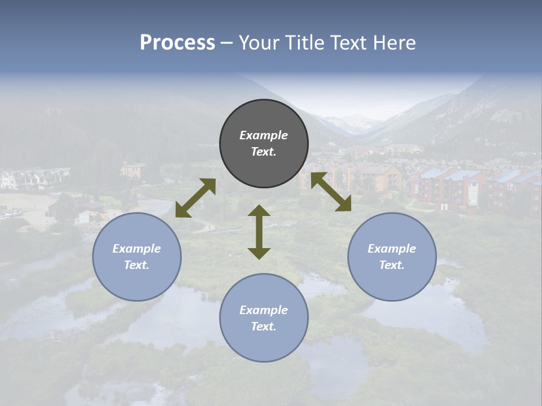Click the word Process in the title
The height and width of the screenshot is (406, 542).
tap(177, 43)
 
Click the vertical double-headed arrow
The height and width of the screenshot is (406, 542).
tap(259, 232)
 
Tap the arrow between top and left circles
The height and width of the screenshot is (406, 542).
tap(195, 198)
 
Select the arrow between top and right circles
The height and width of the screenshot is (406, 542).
tap(331, 192)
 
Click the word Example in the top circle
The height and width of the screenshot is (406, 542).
tap(264, 135)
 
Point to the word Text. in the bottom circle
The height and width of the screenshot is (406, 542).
tap(264, 326)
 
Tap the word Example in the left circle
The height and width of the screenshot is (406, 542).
tap(137, 249)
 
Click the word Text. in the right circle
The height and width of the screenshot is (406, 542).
tap(392, 265)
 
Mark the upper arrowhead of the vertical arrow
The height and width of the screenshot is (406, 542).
tap(259, 211)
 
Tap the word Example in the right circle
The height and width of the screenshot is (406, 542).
tap(392, 249)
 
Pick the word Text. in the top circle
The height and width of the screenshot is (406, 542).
tap(264, 152)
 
